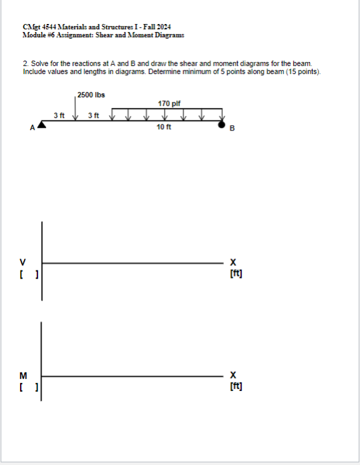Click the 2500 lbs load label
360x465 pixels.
(91, 95)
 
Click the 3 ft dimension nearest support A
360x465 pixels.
(59, 115)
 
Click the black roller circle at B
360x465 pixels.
(223, 124)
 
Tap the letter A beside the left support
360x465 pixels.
(31, 128)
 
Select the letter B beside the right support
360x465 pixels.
(232, 129)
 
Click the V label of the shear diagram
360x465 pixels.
(23, 262)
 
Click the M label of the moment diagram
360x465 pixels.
(23, 375)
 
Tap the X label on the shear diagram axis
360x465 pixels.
(233, 262)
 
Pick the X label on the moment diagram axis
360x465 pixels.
(233, 375)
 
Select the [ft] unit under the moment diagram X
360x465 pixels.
(235, 386)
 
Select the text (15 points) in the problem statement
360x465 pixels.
(304, 71)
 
